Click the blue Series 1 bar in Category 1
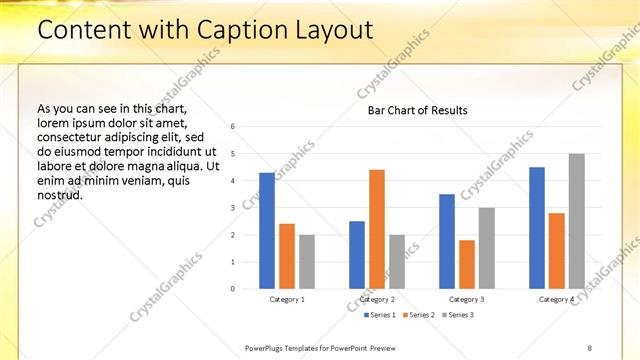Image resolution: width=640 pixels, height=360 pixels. coord(267,231)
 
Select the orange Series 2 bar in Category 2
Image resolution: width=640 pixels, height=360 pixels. coord(377,229)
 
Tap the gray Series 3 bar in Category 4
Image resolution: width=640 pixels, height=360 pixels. coord(577,221)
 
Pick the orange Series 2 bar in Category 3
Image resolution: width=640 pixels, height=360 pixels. coord(467,264)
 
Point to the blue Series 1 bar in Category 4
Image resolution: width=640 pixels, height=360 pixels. coord(537,228)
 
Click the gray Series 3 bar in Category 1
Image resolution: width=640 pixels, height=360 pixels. coord(307,262)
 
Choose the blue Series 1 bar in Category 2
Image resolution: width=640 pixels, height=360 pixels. coord(357,255)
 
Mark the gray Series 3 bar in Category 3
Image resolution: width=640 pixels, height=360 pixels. coord(487,248)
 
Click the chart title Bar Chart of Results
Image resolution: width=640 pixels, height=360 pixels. coord(411,110)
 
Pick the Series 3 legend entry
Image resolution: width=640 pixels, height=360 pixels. coord(457,315)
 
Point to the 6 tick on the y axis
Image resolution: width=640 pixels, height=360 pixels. coord(232,127)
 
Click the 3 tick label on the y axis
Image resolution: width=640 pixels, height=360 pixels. coord(232,208)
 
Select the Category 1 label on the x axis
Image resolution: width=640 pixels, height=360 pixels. coord(287,299)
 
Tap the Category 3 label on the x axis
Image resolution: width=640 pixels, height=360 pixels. coord(467,299)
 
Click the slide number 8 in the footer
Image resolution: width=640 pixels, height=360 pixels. coord(589,347)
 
